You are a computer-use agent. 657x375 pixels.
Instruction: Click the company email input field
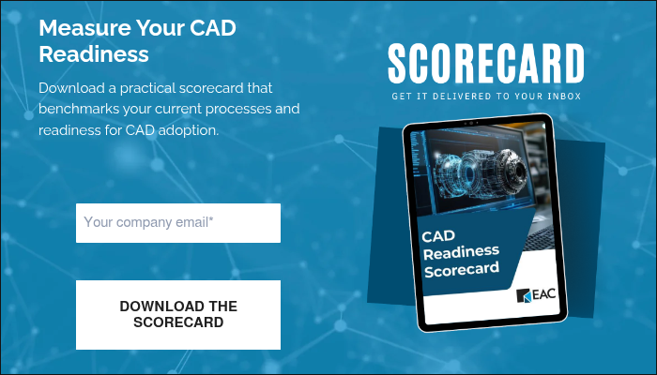click(x=178, y=223)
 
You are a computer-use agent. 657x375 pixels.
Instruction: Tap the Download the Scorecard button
click(x=178, y=315)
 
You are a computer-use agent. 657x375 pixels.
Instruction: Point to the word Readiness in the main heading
click(x=94, y=52)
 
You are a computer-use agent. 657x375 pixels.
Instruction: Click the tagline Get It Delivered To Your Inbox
click(x=486, y=96)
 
